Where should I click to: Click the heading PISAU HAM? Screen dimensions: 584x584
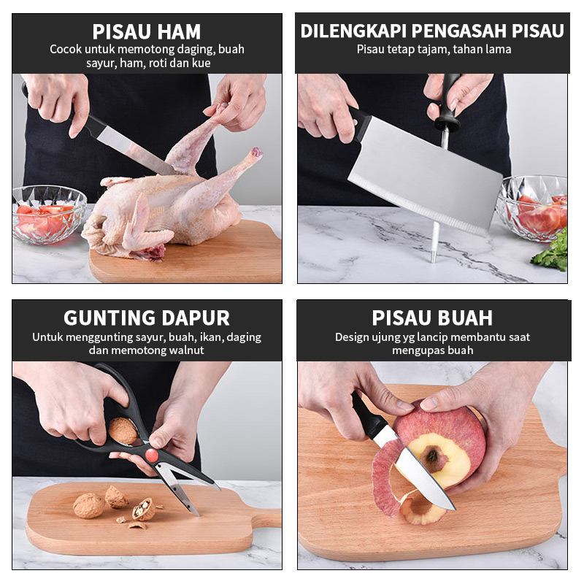pos(147,31)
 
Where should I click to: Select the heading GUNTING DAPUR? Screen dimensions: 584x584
pos(147,318)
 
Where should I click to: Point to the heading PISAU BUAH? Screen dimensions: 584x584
pos(432,318)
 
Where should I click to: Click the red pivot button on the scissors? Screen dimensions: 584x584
pos(152,455)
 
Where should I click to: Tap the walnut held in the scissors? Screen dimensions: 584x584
pos(123,431)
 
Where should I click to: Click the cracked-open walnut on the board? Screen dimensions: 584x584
pos(144,509)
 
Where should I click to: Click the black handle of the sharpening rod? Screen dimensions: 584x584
pos(448,101)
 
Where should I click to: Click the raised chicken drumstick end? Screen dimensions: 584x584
pos(256,153)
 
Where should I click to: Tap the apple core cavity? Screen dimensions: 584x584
pos(433,457)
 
